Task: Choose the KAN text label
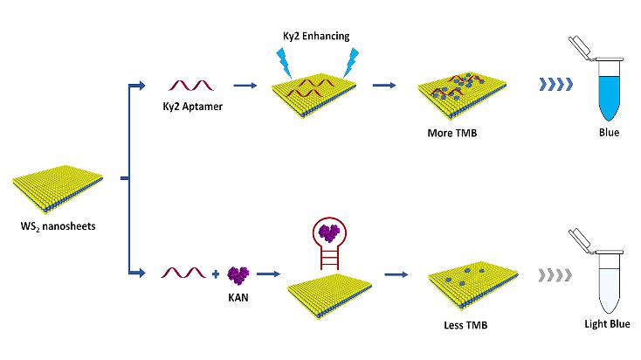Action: [x=237, y=297]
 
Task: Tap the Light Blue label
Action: [x=606, y=325]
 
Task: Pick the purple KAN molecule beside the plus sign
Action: [x=237, y=275]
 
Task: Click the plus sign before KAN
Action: [x=217, y=275]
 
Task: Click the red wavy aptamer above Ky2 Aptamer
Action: [x=191, y=85]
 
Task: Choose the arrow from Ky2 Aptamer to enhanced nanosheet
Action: [x=245, y=86]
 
